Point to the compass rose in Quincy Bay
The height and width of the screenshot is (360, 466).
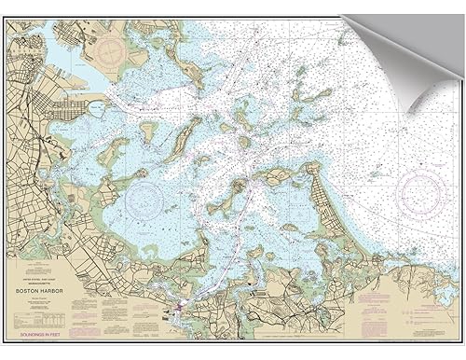(x=150, y=196)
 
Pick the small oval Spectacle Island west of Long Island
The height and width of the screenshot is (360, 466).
(x=147, y=131)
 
